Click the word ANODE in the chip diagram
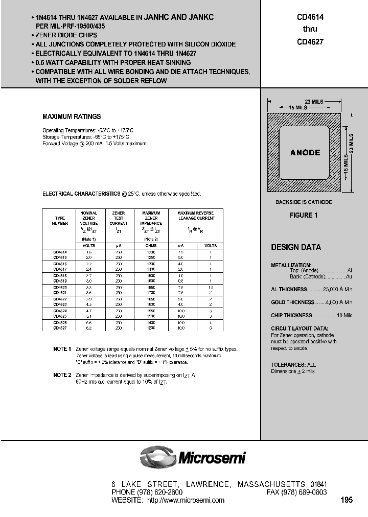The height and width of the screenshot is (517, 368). pos(305,152)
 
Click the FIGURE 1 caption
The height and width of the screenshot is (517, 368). pos(304,215)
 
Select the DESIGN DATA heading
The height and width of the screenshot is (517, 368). pos(296,247)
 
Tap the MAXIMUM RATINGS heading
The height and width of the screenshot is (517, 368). pos(72,116)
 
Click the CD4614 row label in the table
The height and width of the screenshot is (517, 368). pos(60,252)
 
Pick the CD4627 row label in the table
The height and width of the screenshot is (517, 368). pos(60,328)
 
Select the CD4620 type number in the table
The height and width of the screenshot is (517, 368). pos(60,288)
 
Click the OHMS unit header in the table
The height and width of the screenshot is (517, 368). pos(151,245)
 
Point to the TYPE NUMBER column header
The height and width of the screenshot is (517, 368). pos(60,220)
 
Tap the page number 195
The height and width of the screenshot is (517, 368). pos(347,500)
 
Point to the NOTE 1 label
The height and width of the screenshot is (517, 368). pos(62,349)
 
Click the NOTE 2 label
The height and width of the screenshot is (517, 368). pos(62,375)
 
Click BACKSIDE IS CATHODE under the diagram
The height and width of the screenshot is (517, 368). pos(304,202)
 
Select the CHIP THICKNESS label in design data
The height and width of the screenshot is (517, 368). pos(291,316)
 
